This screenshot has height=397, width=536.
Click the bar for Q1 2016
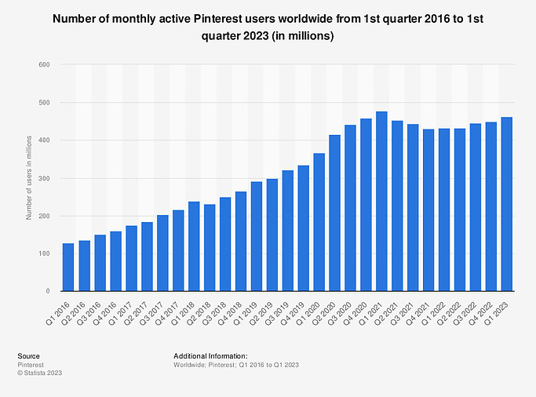tap(68, 268)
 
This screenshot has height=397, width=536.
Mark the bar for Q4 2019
tap(303, 228)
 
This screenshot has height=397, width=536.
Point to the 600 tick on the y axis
tap(46, 64)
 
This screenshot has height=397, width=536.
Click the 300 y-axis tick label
tap(46, 178)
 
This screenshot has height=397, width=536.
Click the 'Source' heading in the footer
tap(29, 356)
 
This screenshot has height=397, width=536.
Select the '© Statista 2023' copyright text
tap(39, 373)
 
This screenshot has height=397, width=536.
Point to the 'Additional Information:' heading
tap(210, 356)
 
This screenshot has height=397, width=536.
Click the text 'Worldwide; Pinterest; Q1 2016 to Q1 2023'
tap(236, 365)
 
